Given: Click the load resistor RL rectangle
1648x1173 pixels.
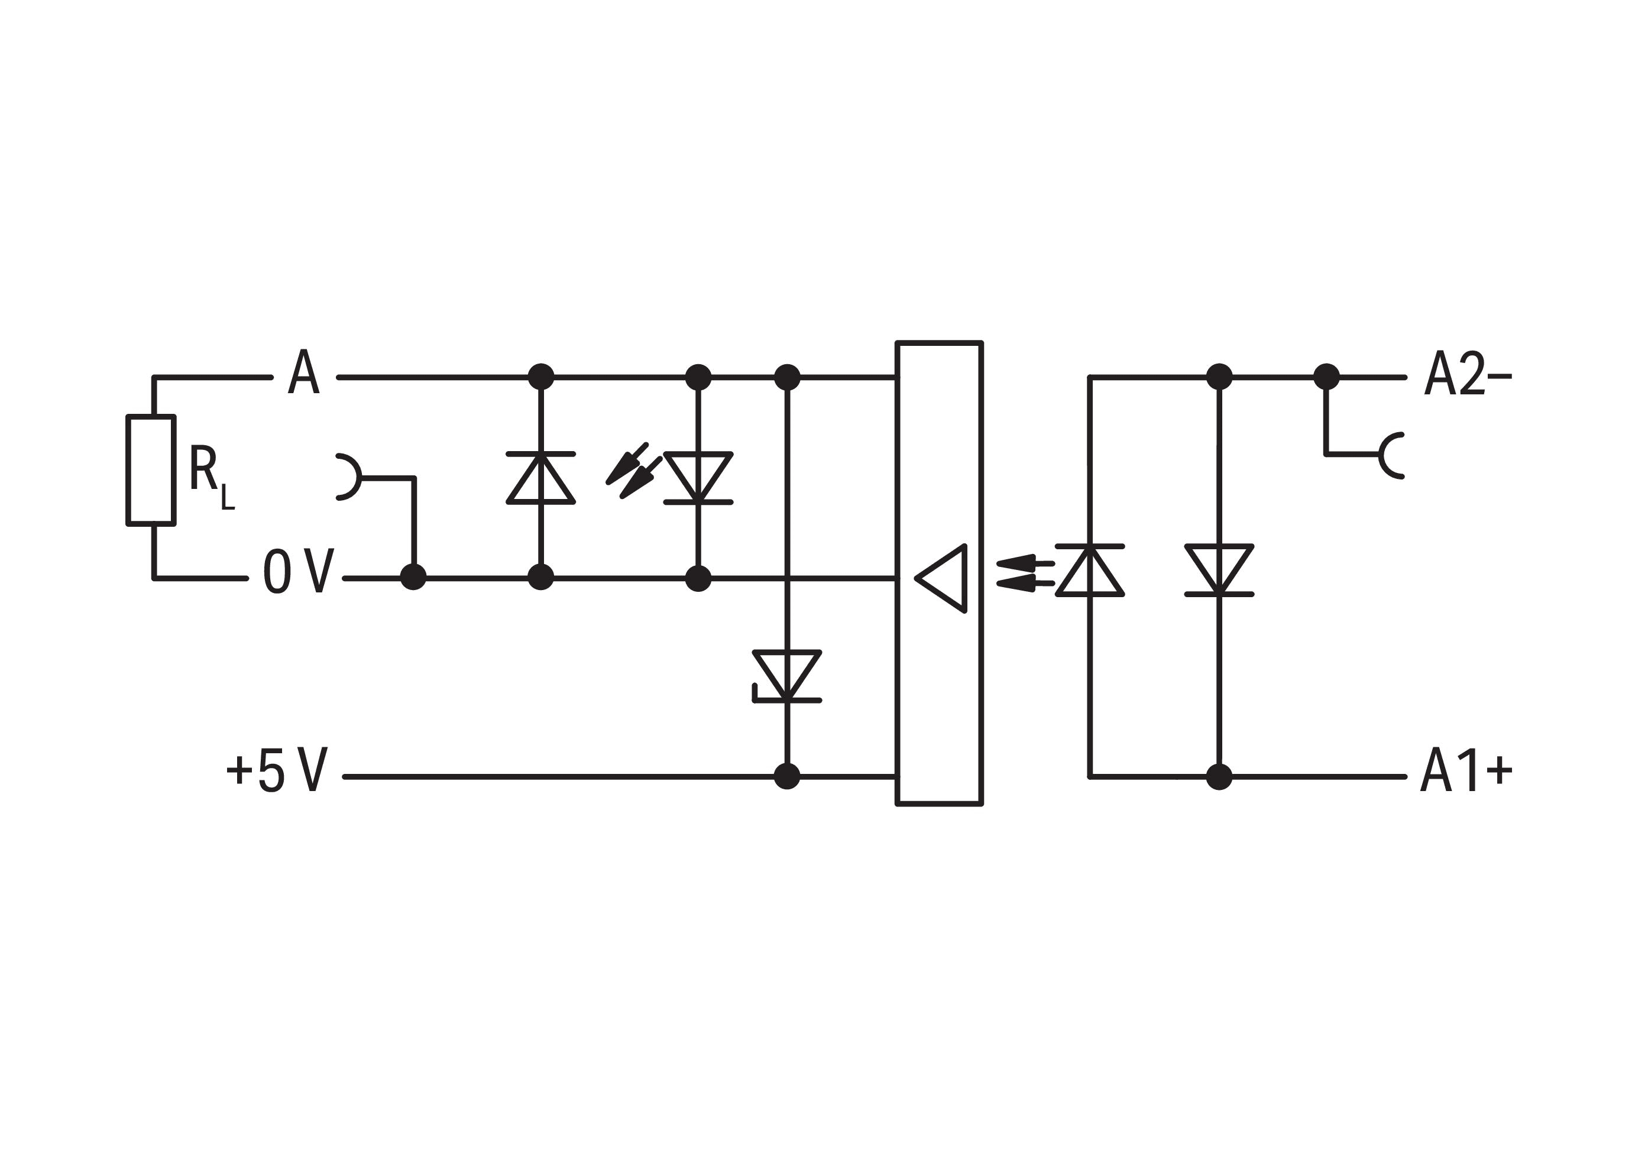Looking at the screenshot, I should coord(151,470).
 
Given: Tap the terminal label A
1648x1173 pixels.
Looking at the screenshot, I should coord(303,372).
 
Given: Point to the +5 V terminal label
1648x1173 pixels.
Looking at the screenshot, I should coord(278,770).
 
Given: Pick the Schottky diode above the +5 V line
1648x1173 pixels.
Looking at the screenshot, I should coord(787,676).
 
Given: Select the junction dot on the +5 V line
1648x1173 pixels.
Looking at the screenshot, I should coord(787,776).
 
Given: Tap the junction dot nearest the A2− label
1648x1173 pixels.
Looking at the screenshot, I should coord(1326,377).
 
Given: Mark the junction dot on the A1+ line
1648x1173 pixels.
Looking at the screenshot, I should coord(1219,776).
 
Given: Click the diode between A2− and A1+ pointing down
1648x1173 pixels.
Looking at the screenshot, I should coord(1219,571).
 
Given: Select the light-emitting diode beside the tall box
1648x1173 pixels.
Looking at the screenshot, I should coord(1090,571).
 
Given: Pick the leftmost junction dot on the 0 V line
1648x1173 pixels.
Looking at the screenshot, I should coord(413,578).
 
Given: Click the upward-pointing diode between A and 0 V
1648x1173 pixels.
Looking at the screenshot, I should coord(540,478).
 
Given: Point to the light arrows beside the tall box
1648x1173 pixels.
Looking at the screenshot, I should coord(1025,573).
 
